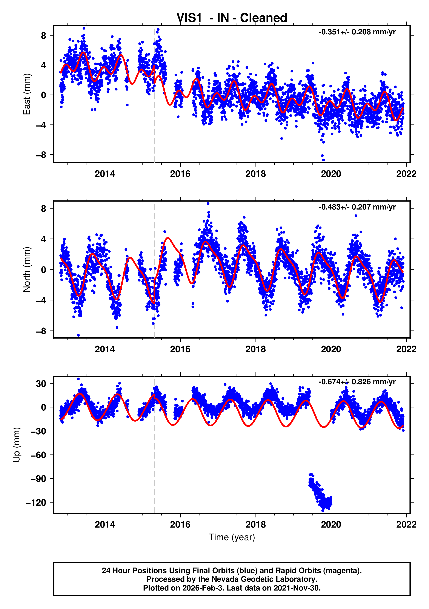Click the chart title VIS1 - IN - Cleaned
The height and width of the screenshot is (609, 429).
[x=232, y=18]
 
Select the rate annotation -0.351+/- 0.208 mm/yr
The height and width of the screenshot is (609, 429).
[x=357, y=32]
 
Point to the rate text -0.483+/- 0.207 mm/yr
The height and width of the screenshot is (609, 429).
[x=357, y=207]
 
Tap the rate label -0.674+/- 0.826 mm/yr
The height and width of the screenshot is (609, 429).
[x=357, y=382]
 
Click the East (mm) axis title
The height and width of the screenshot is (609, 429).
[x=26, y=94]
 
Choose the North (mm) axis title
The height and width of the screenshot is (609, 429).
[x=26, y=269]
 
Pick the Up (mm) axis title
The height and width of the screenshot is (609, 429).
[x=17, y=445]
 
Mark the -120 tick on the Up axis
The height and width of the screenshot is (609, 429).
[x=36, y=503]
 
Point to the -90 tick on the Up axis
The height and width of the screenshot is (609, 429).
[x=38, y=479]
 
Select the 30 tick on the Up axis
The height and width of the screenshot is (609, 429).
[x=41, y=384]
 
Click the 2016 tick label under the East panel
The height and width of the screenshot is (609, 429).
[x=180, y=174]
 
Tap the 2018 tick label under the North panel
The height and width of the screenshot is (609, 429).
[x=255, y=349]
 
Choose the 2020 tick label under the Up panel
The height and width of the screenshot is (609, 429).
[x=331, y=524]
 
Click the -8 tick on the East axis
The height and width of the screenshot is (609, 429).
[x=41, y=155]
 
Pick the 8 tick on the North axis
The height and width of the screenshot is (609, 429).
[x=43, y=209]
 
